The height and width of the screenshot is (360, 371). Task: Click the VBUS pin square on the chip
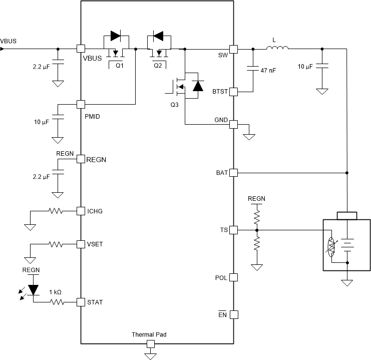pos(80,49)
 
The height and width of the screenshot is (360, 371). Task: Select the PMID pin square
pos(80,104)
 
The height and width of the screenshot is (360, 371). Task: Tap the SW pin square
pos(233,49)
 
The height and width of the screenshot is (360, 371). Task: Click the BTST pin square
pos(233,92)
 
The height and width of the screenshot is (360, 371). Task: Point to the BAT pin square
pos(233,173)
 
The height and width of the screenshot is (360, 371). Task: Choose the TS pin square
pos(233,230)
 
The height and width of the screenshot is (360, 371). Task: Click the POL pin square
pos(233,277)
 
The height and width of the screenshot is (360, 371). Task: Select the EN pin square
pos(233,315)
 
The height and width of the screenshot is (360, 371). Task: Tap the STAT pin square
pos(80,302)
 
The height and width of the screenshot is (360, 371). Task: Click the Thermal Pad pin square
pos(149,343)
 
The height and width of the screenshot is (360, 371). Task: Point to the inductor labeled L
pos(277,48)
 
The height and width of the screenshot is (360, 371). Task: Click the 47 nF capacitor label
pos(268,71)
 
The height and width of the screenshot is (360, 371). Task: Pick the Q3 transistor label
pos(174,105)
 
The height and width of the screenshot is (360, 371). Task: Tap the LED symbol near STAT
pos(34,289)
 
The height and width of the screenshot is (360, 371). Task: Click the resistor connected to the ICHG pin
pos(56,211)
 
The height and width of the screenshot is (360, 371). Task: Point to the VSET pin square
pos(80,244)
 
